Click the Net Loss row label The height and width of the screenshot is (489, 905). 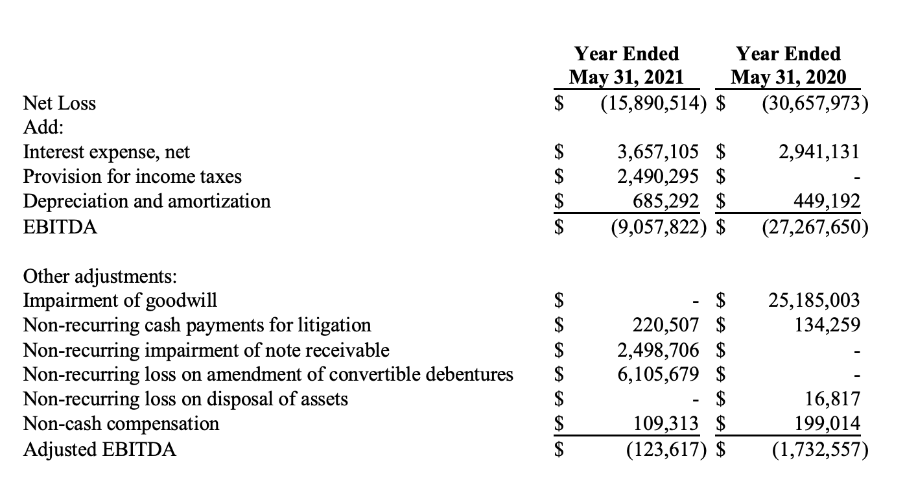(59, 103)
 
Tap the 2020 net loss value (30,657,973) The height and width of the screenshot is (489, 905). (815, 103)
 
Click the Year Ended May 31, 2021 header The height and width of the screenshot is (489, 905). (627, 66)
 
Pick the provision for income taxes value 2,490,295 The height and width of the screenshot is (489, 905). (658, 176)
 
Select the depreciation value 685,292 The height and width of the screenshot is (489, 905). (666, 201)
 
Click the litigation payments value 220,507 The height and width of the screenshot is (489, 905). (666, 325)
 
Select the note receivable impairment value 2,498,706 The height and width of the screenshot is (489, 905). (658, 350)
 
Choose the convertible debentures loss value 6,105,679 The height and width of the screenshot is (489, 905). (658, 375)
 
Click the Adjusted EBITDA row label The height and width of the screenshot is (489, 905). (99, 449)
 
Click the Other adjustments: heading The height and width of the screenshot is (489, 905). (99, 276)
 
